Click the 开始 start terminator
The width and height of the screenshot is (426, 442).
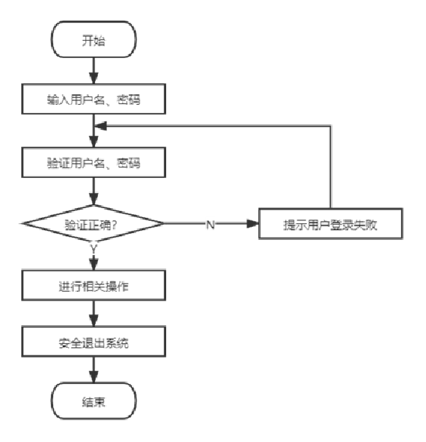[93, 39]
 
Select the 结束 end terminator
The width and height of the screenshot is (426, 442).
[93, 401]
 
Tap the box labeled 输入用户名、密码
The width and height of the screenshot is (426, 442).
[93, 99]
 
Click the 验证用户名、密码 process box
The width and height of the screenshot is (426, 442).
[93, 162]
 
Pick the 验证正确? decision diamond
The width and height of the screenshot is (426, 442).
[93, 223]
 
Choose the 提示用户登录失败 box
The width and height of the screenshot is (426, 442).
[330, 223]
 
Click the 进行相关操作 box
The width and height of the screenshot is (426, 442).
[93, 285]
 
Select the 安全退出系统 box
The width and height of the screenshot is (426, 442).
[93, 342]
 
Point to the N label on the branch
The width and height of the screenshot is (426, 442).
[210, 225]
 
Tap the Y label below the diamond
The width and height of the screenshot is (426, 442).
[93, 249]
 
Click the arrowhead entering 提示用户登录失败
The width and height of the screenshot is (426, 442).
[253, 223]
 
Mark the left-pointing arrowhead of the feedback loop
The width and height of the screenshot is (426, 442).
[100, 126]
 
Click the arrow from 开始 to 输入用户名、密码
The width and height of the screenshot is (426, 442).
[93, 71]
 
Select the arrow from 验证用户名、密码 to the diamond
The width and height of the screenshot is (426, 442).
[93, 192]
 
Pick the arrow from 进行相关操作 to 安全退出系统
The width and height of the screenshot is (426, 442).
[93, 314]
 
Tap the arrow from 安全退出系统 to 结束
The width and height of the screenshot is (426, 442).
[93, 370]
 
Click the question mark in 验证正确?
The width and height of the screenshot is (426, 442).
[114, 225]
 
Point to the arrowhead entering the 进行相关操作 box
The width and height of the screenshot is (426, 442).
[93, 264]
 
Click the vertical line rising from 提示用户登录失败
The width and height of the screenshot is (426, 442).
[330, 167]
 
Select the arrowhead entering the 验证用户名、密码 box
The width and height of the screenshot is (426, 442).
[93, 142]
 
